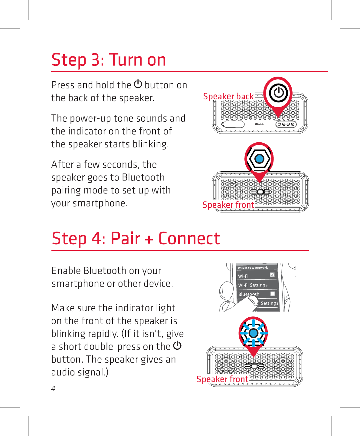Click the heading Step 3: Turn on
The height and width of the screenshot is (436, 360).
109,60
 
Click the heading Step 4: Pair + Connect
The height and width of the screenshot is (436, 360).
136,239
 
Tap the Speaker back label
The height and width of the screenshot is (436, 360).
228,96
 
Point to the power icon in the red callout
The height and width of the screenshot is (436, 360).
278,93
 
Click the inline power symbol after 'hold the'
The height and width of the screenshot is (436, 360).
138,84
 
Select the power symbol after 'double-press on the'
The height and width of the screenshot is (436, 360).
177,345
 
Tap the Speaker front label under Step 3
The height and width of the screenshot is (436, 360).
228,205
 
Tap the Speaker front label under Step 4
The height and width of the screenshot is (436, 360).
222,379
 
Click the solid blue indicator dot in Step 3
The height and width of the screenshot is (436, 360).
259,159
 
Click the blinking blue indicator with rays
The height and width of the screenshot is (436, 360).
254,333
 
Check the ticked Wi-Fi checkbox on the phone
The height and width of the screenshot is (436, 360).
272,275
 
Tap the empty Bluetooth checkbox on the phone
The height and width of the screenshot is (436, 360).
273,294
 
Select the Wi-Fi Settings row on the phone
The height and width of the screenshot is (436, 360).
253,285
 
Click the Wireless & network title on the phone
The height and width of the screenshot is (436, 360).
253,268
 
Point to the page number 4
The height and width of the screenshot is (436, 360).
53,388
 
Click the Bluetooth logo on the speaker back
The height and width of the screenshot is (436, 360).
259,124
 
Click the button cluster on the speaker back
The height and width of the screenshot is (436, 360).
286,124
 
